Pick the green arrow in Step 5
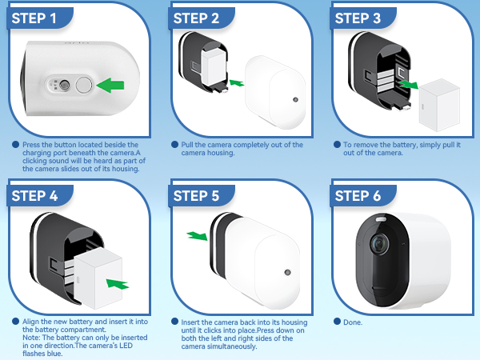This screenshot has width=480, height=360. click(x=195, y=236)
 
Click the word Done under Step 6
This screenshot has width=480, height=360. click(x=352, y=322)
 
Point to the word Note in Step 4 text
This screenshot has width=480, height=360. click(x=31, y=330)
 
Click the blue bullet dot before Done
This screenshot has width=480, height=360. click(x=337, y=322)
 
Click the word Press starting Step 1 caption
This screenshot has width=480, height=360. click(x=34, y=144)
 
